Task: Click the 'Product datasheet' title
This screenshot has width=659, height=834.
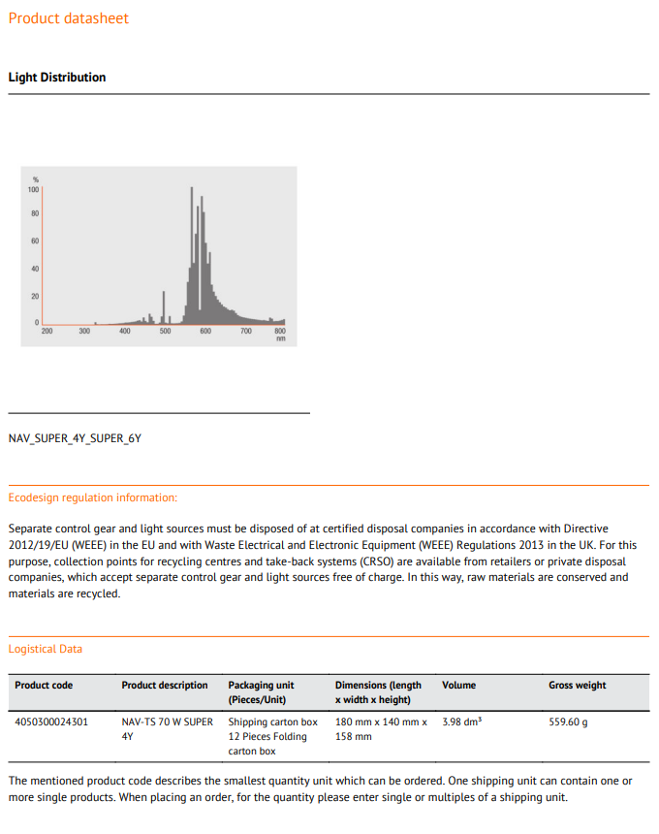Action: (68, 18)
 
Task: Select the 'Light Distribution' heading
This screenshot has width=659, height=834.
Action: (57, 78)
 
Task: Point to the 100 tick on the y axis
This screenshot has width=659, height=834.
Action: (34, 189)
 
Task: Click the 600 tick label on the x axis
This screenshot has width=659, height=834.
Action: (205, 332)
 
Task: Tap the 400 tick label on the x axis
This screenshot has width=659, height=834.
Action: (125, 332)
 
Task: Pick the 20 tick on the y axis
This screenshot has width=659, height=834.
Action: (35, 295)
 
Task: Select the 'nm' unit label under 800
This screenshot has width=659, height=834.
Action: (281, 339)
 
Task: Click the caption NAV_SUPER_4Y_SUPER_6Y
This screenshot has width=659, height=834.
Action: (75, 438)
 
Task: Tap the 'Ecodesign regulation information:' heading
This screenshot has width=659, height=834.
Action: (93, 497)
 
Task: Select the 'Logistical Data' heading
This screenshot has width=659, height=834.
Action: (46, 649)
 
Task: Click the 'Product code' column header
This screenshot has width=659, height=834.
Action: (44, 686)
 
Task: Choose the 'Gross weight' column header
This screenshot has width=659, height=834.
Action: (578, 686)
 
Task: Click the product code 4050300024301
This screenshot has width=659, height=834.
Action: (51, 722)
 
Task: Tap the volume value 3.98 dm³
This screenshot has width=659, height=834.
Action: (462, 722)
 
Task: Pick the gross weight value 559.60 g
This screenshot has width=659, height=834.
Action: (569, 722)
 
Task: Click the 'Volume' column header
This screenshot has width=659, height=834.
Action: (459, 686)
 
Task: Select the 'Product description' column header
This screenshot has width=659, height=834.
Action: (165, 686)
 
